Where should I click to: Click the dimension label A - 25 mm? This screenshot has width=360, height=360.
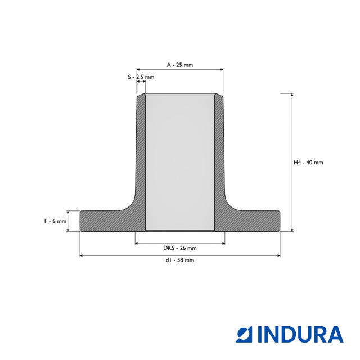(x=180, y=65)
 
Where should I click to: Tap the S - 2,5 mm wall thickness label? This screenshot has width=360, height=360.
(x=141, y=77)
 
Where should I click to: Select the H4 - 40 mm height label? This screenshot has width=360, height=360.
(x=308, y=163)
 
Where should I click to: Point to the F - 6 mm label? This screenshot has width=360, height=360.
(x=55, y=221)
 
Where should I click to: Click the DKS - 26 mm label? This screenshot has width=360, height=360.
(x=180, y=248)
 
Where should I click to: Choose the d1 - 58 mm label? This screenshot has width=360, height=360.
(x=180, y=260)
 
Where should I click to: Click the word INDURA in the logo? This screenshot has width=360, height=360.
(x=300, y=335)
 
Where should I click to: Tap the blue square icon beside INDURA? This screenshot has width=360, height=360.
(x=244, y=335)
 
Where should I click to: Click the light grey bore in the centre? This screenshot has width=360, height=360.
(x=180, y=163)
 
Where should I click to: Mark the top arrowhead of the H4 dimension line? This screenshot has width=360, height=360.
(x=292, y=95)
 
